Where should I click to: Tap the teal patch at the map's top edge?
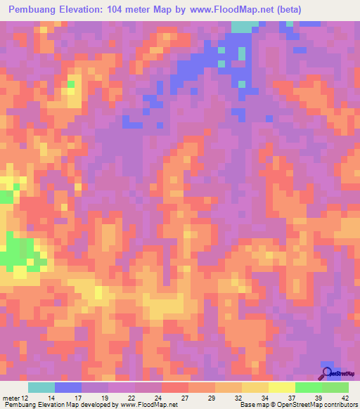[x=243, y=27]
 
